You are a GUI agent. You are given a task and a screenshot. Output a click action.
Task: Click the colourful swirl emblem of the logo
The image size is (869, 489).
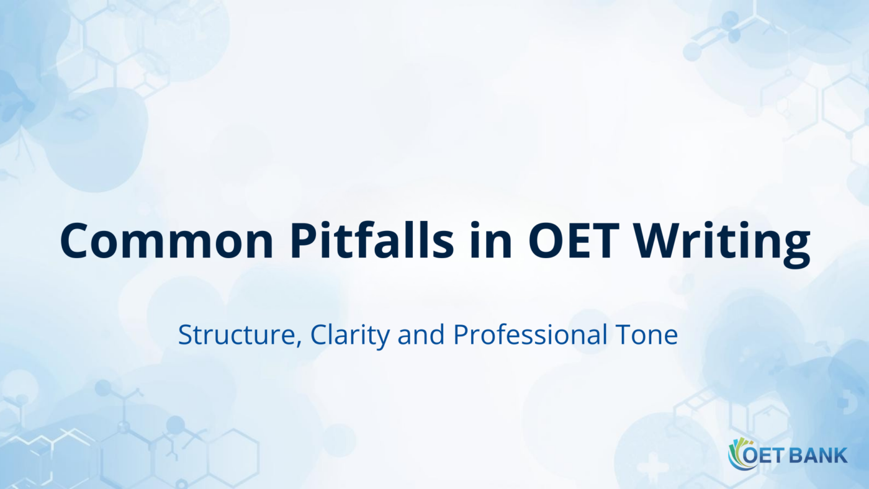click(737, 454)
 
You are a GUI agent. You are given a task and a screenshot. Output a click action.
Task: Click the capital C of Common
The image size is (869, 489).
click(76, 241)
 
